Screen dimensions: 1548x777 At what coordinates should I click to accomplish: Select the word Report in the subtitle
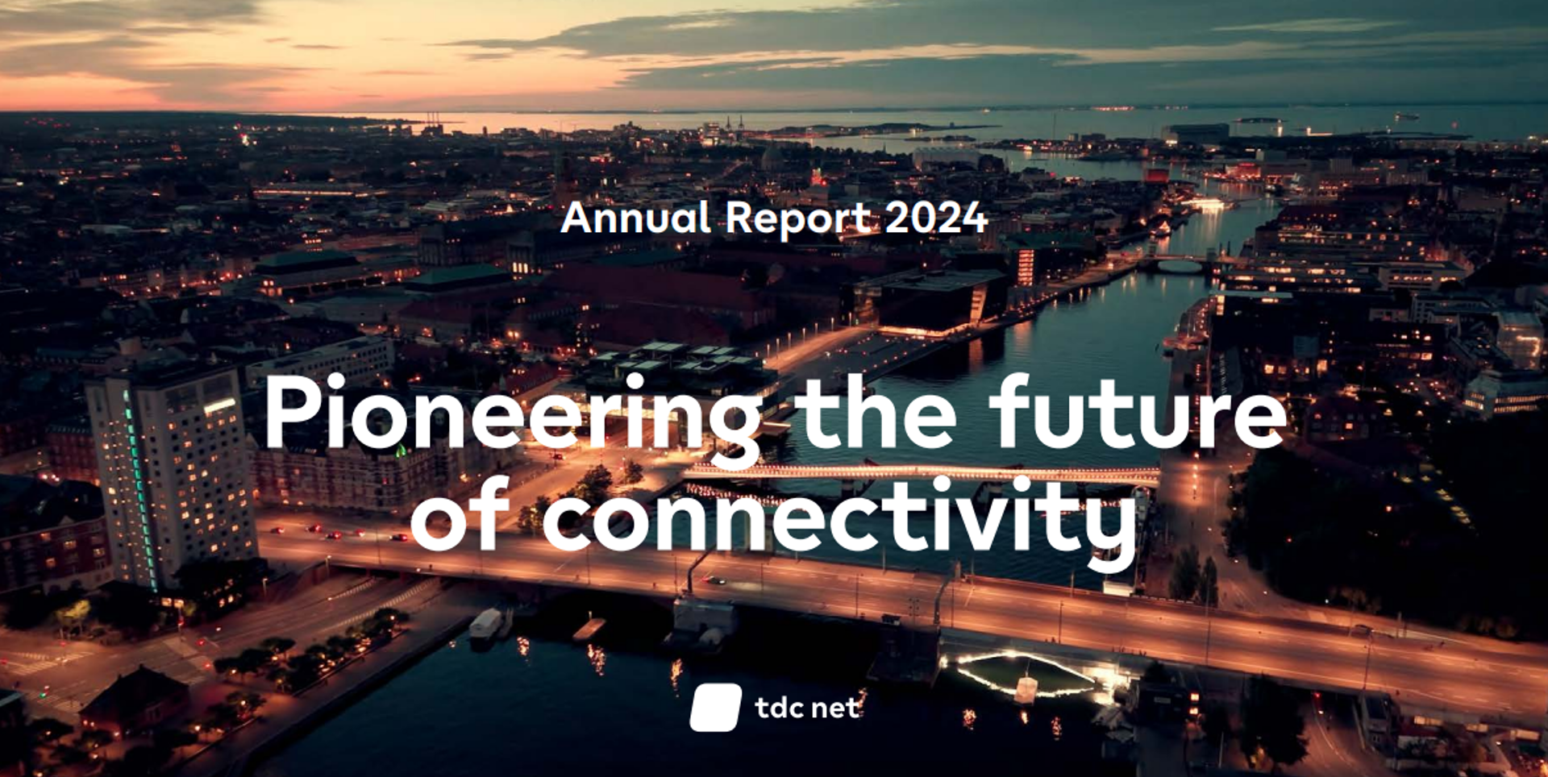pyautogui.click(x=798, y=219)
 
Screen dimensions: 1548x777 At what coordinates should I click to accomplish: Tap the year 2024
pyautogui.click(x=936, y=218)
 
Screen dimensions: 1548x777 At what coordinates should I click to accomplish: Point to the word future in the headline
pyautogui.click(x=1138, y=411)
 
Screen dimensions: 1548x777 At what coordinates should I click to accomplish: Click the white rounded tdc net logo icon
pyautogui.click(x=715, y=708)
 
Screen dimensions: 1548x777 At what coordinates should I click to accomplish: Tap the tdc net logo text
pyautogui.click(x=807, y=708)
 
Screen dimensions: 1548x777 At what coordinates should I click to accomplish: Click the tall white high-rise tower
pyautogui.click(x=171, y=476)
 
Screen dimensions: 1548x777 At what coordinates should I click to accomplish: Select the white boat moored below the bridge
pyautogui.click(x=485, y=624)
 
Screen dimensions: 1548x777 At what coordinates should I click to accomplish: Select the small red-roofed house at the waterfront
pyautogui.click(x=135, y=697)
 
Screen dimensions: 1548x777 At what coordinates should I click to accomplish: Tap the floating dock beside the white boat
pyautogui.click(x=589, y=629)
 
